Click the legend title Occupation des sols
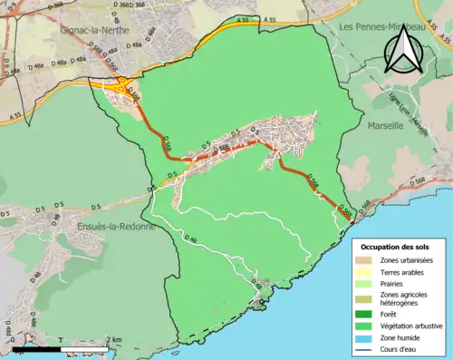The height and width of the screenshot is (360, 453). pos(396,247)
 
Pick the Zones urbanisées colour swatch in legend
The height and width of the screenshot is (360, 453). pos(367,261)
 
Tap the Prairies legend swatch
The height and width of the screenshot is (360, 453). pos(367,282)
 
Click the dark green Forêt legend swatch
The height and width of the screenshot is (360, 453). pos(367,314)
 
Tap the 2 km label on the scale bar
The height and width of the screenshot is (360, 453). pos(112,340)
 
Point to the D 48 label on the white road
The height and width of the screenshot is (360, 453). pos(190,239)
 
